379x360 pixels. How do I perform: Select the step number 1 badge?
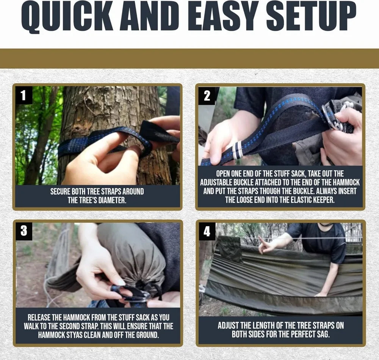[x=23, y=95]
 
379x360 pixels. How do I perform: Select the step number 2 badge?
[x=207, y=96]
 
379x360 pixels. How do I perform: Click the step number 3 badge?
[x=23, y=231]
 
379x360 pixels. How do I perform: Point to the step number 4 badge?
[x=207, y=231]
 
